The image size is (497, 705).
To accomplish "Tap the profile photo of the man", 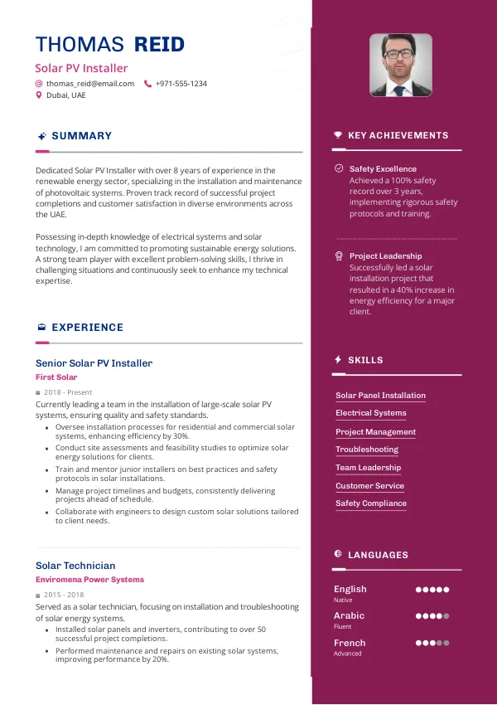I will (x=400, y=65).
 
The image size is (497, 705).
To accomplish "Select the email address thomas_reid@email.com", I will (x=90, y=84).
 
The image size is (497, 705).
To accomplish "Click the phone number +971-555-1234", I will (x=181, y=84).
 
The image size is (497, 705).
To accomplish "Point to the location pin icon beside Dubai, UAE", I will (x=38, y=95).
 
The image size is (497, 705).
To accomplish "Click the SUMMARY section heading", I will (x=81, y=136).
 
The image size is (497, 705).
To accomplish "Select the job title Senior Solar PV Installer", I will (x=94, y=363).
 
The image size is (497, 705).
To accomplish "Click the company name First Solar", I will (x=56, y=377).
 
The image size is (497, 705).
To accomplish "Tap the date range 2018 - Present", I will (x=68, y=392).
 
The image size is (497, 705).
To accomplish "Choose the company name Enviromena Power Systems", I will (x=89, y=580).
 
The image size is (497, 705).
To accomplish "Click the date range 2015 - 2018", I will (x=64, y=595).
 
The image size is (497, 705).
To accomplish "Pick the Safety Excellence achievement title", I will (x=383, y=168).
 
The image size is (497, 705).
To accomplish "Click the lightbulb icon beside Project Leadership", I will (x=339, y=255).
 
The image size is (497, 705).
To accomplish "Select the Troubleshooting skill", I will (x=367, y=450).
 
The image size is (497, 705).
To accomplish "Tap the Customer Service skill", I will (x=369, y=486).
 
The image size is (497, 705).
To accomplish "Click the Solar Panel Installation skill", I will (x=380, y=396).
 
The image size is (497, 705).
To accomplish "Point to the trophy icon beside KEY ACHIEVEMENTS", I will (x=338, y=135).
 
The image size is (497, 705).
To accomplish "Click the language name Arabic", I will (x=349, y=615).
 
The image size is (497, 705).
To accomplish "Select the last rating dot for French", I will (x=446, y=643).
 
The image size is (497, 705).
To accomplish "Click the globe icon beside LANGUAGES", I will (x=338, y=554).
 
